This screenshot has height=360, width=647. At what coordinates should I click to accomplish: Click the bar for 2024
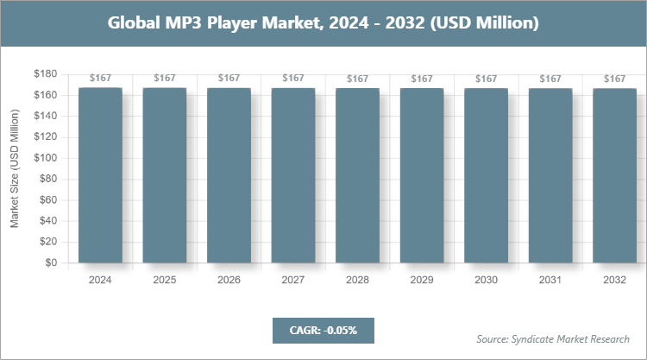click(x=100, y=175)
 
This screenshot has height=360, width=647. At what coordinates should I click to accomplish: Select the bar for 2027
click(x=293, y=175)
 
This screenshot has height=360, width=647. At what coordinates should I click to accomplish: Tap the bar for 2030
click(x=486, y=175)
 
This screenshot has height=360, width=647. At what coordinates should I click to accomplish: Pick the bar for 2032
click(x=614, y=175)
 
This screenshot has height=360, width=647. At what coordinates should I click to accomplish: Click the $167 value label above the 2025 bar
click(x=164, y=79)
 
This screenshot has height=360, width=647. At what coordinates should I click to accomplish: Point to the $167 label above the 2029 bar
click(x=422, y=79)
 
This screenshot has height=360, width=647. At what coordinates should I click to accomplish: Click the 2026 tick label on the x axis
click(x=229, y=280)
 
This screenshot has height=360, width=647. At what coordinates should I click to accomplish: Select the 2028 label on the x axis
click(x=357, y=280)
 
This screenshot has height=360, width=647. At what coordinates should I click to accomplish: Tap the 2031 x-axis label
click(x=550, y=280)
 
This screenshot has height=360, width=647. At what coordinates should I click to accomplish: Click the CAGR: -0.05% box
click(x=323, y=330)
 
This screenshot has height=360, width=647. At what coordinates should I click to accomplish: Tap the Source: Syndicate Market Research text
click(x=553, y=338)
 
